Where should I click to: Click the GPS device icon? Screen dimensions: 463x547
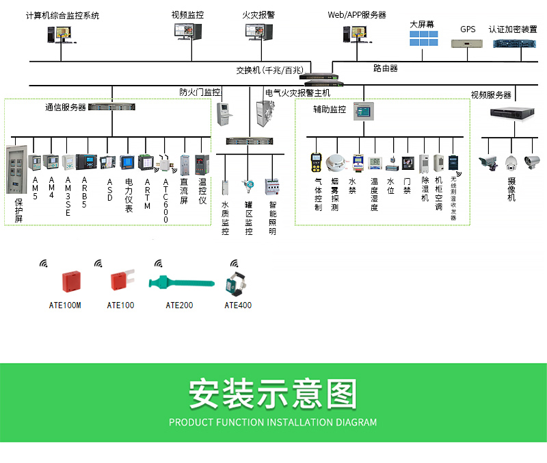(468, 43)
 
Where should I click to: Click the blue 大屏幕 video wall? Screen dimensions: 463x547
(423, 38)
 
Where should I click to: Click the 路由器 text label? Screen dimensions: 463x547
(386, 68)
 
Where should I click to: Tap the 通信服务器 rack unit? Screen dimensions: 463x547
(112, 107)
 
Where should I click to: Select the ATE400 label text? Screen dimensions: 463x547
(238, 305)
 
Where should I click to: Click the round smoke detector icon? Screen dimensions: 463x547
(335, 162)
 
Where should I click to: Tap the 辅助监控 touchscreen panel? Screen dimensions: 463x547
(364, 111)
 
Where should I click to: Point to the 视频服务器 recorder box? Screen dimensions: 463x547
(510, 113)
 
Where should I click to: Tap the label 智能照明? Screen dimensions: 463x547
(273, 218)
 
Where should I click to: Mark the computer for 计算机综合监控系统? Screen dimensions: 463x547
(60, 34)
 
